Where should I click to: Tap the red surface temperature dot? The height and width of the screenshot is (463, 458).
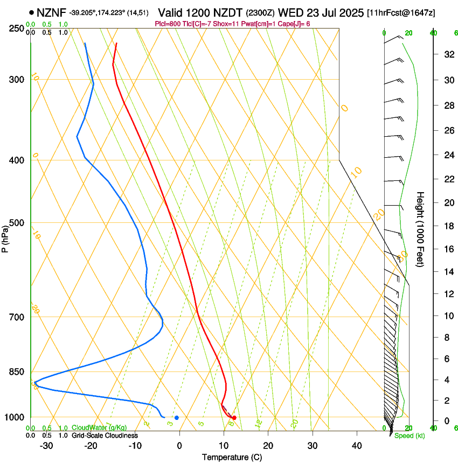click(x=234, y=418)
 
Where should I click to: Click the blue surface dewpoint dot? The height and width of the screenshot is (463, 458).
click(x=177, y=418)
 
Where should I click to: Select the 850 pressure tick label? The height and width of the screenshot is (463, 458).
click(x=16, y=372)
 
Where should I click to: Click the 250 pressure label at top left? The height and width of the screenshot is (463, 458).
click(x=16, y=29)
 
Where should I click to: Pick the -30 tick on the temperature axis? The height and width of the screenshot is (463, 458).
click(x=46, y=446)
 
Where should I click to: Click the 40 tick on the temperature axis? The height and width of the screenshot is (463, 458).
click(x=356, y=446)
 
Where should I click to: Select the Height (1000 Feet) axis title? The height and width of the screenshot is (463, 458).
click(x=420, y=229)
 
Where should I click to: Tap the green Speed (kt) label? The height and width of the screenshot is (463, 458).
click(x=410, y=436)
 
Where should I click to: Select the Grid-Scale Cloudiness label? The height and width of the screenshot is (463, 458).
click(x=105, y=435)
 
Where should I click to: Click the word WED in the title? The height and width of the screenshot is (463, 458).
click(x=289, y=12)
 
